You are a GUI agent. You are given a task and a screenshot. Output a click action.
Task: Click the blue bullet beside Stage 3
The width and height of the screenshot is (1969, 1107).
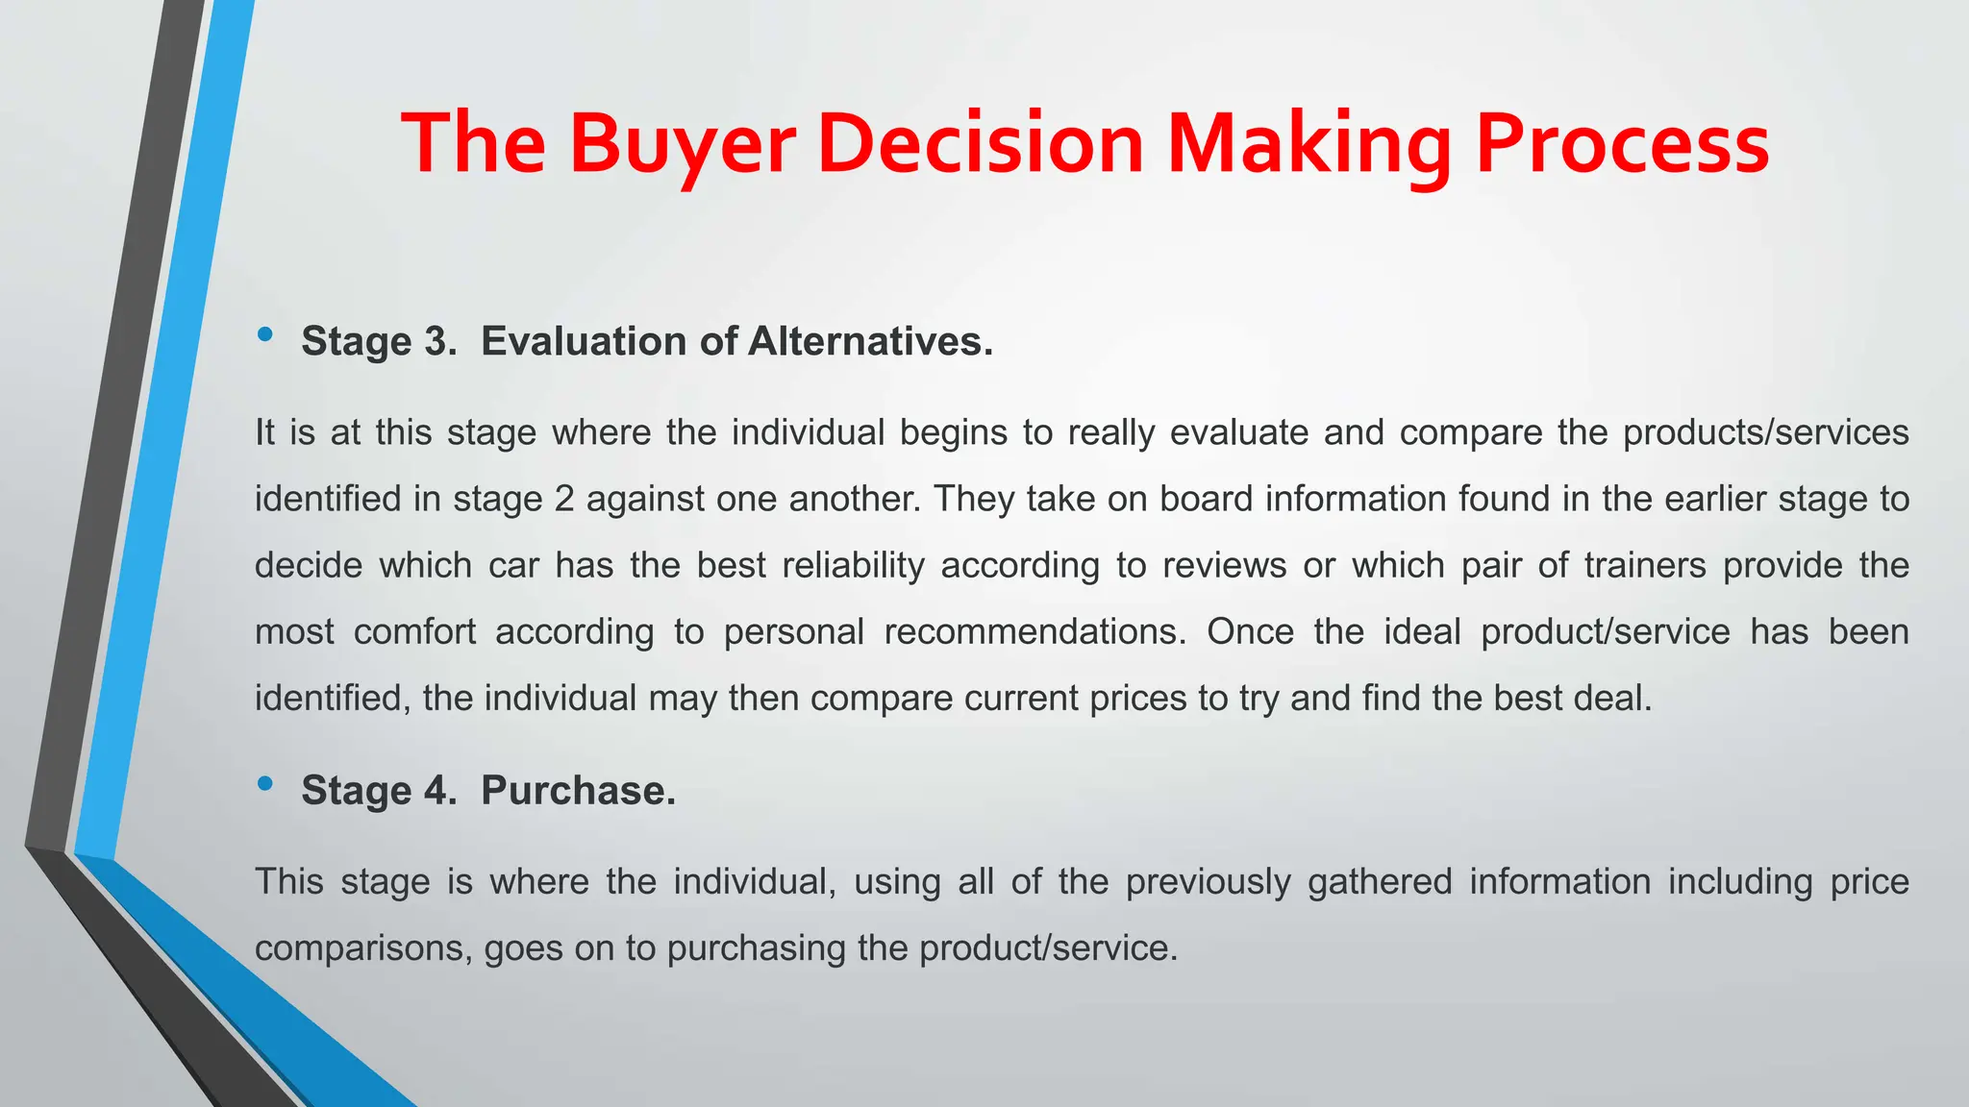pos(265,334)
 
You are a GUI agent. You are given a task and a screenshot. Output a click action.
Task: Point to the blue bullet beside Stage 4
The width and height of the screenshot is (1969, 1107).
pos(265,784)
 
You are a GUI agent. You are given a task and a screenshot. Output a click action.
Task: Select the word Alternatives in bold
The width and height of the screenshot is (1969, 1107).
pos(870,341)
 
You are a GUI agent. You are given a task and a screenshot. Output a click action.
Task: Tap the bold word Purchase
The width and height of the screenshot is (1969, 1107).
pos(578,790)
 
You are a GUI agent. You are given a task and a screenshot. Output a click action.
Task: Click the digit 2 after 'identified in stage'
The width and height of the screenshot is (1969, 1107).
pos(564,499)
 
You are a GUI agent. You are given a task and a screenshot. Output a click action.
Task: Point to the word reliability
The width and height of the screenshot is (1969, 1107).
pos(853,565)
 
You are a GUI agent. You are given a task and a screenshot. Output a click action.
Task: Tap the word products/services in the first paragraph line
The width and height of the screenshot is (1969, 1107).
pos(1766,432)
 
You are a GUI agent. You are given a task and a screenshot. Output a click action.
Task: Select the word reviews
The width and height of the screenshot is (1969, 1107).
pos(1224,565)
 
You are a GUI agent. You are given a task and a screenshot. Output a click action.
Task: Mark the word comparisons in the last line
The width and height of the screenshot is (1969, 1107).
pos(363,948)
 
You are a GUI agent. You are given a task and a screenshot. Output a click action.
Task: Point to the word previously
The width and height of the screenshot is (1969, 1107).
pos(1209,882)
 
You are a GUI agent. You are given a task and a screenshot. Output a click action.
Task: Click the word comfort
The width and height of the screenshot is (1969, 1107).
pos(414,631)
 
